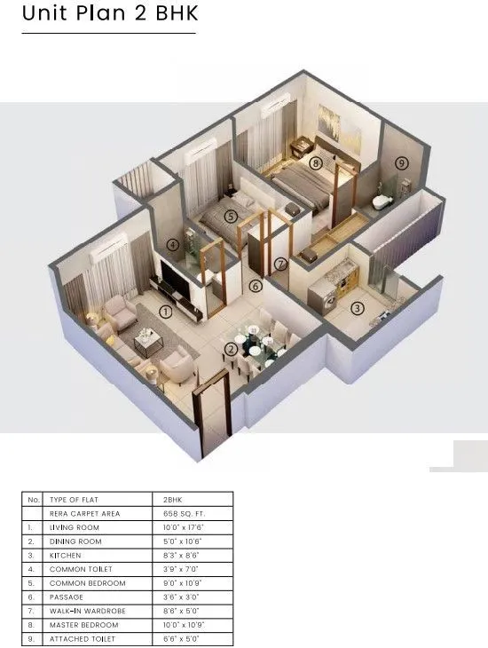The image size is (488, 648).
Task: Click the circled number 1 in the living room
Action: coord(165,311)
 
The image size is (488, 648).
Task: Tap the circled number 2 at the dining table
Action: coord(232,349)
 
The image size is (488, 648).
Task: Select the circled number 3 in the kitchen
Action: coord(358,308)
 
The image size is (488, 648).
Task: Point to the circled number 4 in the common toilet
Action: coord(173,245)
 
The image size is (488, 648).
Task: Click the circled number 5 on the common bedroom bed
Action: coord(230,216)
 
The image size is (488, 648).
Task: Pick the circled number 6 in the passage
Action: coord(255,286)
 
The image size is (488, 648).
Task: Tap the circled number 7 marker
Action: coord(280,264)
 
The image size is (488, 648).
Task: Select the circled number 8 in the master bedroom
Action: coord(315,163)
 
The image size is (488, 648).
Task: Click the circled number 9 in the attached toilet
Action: coord(401,162)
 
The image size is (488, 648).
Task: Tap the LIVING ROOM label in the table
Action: coord(75,527)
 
